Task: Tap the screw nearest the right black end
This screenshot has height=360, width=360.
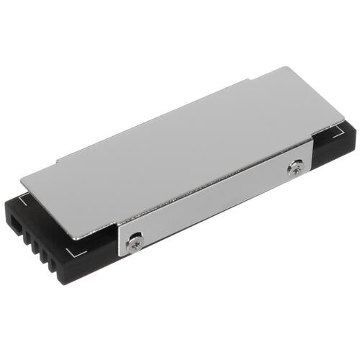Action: [x=293, y=169]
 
